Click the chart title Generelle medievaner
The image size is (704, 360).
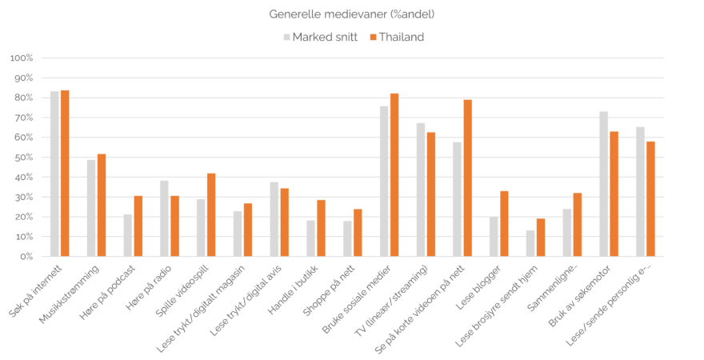[352, 14]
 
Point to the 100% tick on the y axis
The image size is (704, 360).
[21, 58]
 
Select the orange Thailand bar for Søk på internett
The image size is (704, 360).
[65, 174]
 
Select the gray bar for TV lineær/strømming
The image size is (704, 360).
[421, 190]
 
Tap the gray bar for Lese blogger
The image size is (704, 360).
[494, 237]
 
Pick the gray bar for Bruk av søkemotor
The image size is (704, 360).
[604, 184]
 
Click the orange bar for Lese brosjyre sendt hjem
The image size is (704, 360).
[541, 237]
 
